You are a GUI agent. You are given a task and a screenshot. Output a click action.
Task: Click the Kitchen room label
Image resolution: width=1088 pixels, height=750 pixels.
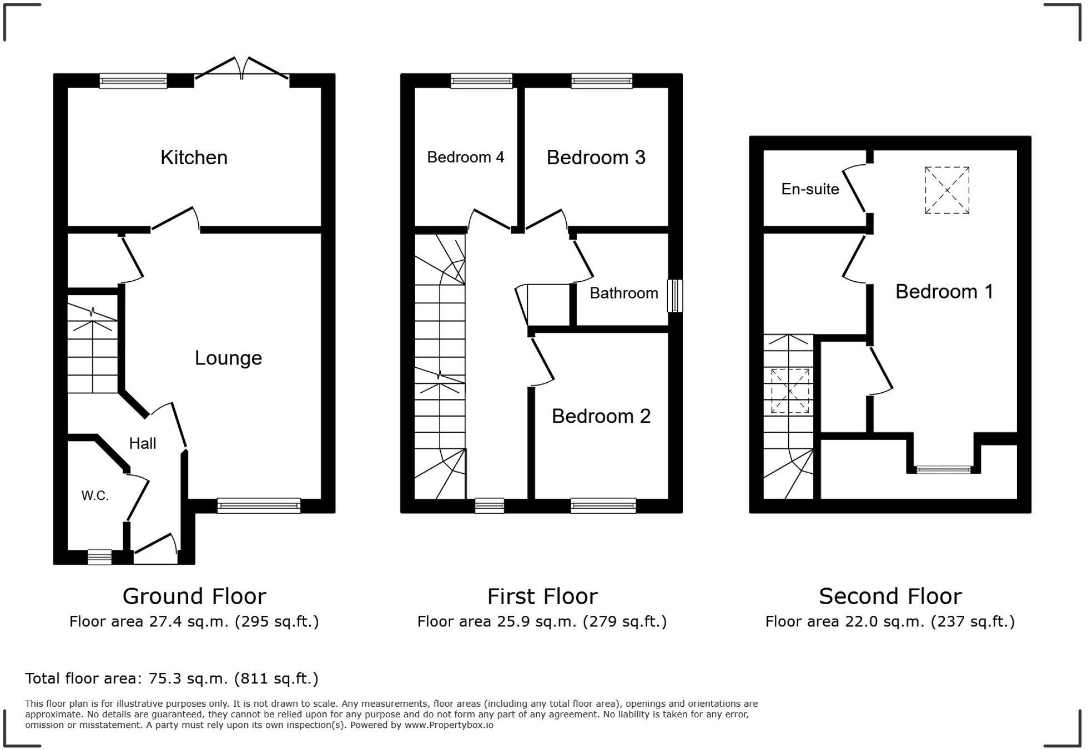click(x=194, y=158)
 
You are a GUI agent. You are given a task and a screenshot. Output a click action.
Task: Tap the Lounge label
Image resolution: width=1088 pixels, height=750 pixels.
click(x=228, y=358)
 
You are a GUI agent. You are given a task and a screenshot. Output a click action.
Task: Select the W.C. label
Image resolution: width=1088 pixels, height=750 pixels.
click(x=95, y=496)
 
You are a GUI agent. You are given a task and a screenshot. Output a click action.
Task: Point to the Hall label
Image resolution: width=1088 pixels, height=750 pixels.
click(x=143, y=443)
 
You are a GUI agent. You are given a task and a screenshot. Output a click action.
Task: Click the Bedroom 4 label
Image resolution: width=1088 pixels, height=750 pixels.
click(x=466, y=158)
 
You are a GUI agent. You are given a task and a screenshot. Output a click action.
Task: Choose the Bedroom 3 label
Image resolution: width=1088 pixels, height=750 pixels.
click(x=596, y=158)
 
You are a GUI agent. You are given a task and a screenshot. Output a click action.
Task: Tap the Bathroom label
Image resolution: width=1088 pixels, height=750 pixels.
click(x=624, y=293)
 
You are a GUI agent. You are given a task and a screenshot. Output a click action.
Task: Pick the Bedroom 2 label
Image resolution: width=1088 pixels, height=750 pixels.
click(x=601, y=416)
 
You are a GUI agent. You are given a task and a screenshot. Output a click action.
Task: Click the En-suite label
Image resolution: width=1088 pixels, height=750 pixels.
click(x=810, y=189)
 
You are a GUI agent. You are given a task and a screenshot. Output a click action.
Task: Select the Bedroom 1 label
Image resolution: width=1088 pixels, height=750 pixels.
click(x=944, y=292)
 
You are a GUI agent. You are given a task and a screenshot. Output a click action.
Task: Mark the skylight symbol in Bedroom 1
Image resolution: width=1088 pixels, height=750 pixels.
click(x=947, y=190)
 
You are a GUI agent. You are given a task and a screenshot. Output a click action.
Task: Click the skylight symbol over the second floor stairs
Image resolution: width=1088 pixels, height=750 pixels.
click(x=790, y=391)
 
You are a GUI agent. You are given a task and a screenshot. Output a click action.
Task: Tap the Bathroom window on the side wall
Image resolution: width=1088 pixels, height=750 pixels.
click(x=675, y=296)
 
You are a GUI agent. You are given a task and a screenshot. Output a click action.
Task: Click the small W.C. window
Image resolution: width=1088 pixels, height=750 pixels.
click(x=100, y=557)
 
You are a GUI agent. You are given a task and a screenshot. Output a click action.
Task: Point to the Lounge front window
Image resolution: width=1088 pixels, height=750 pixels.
click(x=259, y=506)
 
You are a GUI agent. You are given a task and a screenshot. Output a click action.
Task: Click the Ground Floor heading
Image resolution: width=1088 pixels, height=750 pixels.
click(x=194, y=596)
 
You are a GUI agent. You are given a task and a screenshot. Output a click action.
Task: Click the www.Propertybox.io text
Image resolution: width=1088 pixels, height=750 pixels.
click(x=449, y=725)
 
